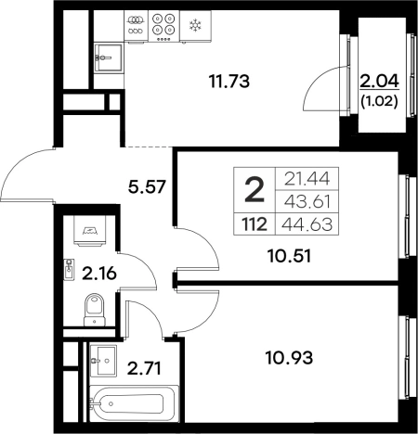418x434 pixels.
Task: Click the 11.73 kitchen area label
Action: [229, 82]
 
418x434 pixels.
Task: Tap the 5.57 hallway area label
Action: [148, 187]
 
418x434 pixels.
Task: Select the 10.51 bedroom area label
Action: [289, 256]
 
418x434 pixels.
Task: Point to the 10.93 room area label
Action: [290, 358]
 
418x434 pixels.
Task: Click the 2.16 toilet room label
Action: [99, 274]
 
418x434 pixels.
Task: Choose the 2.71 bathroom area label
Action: [144, 369]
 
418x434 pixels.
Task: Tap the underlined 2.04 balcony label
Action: [379, 82]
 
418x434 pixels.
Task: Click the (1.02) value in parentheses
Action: [379, 102]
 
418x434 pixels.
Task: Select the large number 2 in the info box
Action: [255, 191]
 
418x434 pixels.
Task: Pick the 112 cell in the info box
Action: [255, 224]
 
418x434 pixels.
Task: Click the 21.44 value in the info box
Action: [307, 179]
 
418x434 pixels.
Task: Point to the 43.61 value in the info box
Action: [307, 202]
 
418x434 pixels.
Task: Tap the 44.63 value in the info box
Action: [307, 224]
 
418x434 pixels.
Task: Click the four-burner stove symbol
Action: [163, 26]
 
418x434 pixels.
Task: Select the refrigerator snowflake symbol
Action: [195, 26]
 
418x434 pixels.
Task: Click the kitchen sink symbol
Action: [108, 57]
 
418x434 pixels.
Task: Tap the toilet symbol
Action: [94, 310]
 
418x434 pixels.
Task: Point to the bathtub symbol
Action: [134, 403]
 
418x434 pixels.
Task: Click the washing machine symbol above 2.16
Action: [89, 231]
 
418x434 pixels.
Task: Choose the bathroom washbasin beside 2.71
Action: [103, 361]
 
